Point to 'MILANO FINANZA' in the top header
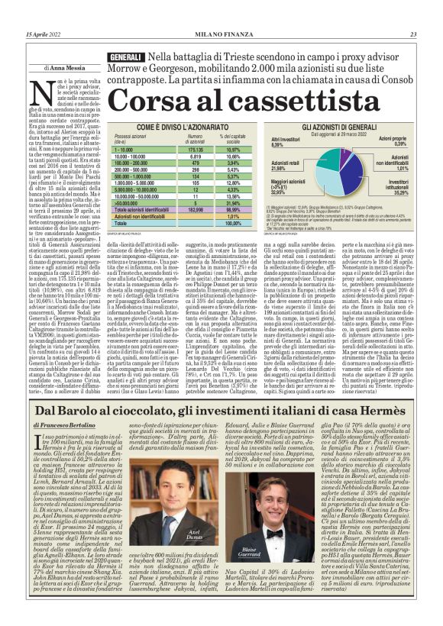[221, 34]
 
